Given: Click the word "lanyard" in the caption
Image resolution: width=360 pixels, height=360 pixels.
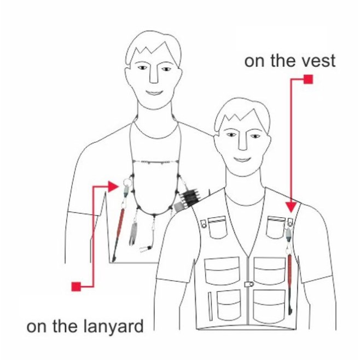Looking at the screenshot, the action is click(113, 327).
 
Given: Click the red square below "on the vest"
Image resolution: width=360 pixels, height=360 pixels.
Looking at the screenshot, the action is click(308, 79).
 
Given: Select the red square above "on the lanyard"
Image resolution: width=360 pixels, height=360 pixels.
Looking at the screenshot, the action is click(76, 287).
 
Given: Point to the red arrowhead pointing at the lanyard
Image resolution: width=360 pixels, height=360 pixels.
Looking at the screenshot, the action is click(113, 187).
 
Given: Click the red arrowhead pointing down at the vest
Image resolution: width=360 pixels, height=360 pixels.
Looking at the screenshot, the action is click(291, 207).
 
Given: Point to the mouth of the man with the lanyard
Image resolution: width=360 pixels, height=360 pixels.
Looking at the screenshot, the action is click(154, 92).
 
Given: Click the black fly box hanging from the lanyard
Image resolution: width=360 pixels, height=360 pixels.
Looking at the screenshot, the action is click(190, 198).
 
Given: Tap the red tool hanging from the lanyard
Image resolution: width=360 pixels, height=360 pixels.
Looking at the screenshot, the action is click(119, 234).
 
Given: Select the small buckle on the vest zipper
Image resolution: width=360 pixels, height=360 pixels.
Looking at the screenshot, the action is click(248, 284).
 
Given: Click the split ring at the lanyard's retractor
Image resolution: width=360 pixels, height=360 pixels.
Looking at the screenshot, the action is click(127, 183).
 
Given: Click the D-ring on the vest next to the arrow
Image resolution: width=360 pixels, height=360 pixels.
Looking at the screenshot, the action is click(290, 222).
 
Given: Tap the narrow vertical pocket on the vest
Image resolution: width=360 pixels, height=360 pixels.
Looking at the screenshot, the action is click(210, 306).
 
